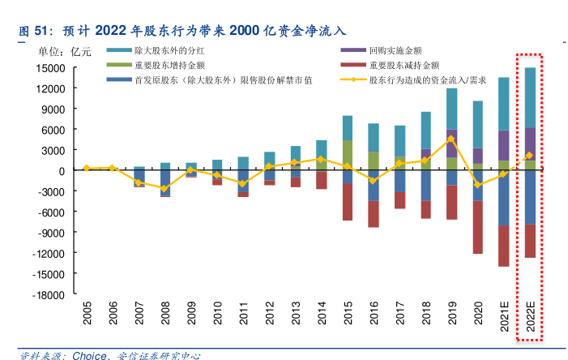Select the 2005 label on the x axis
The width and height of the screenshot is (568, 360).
click(x=87, y=315)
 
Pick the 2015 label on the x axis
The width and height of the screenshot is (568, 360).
click(x=348, y=315)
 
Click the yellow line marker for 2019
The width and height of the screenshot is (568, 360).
click(x=451, y=138)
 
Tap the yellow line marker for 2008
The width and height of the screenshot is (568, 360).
click(x=165, y=189)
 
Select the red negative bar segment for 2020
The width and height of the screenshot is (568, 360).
click(x=478, y=227)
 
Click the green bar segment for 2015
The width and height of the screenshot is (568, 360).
click(x=348, y=152)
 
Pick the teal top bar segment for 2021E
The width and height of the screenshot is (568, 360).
click(x=503, y=104)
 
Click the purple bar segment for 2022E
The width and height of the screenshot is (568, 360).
click(x=530, y=144)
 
